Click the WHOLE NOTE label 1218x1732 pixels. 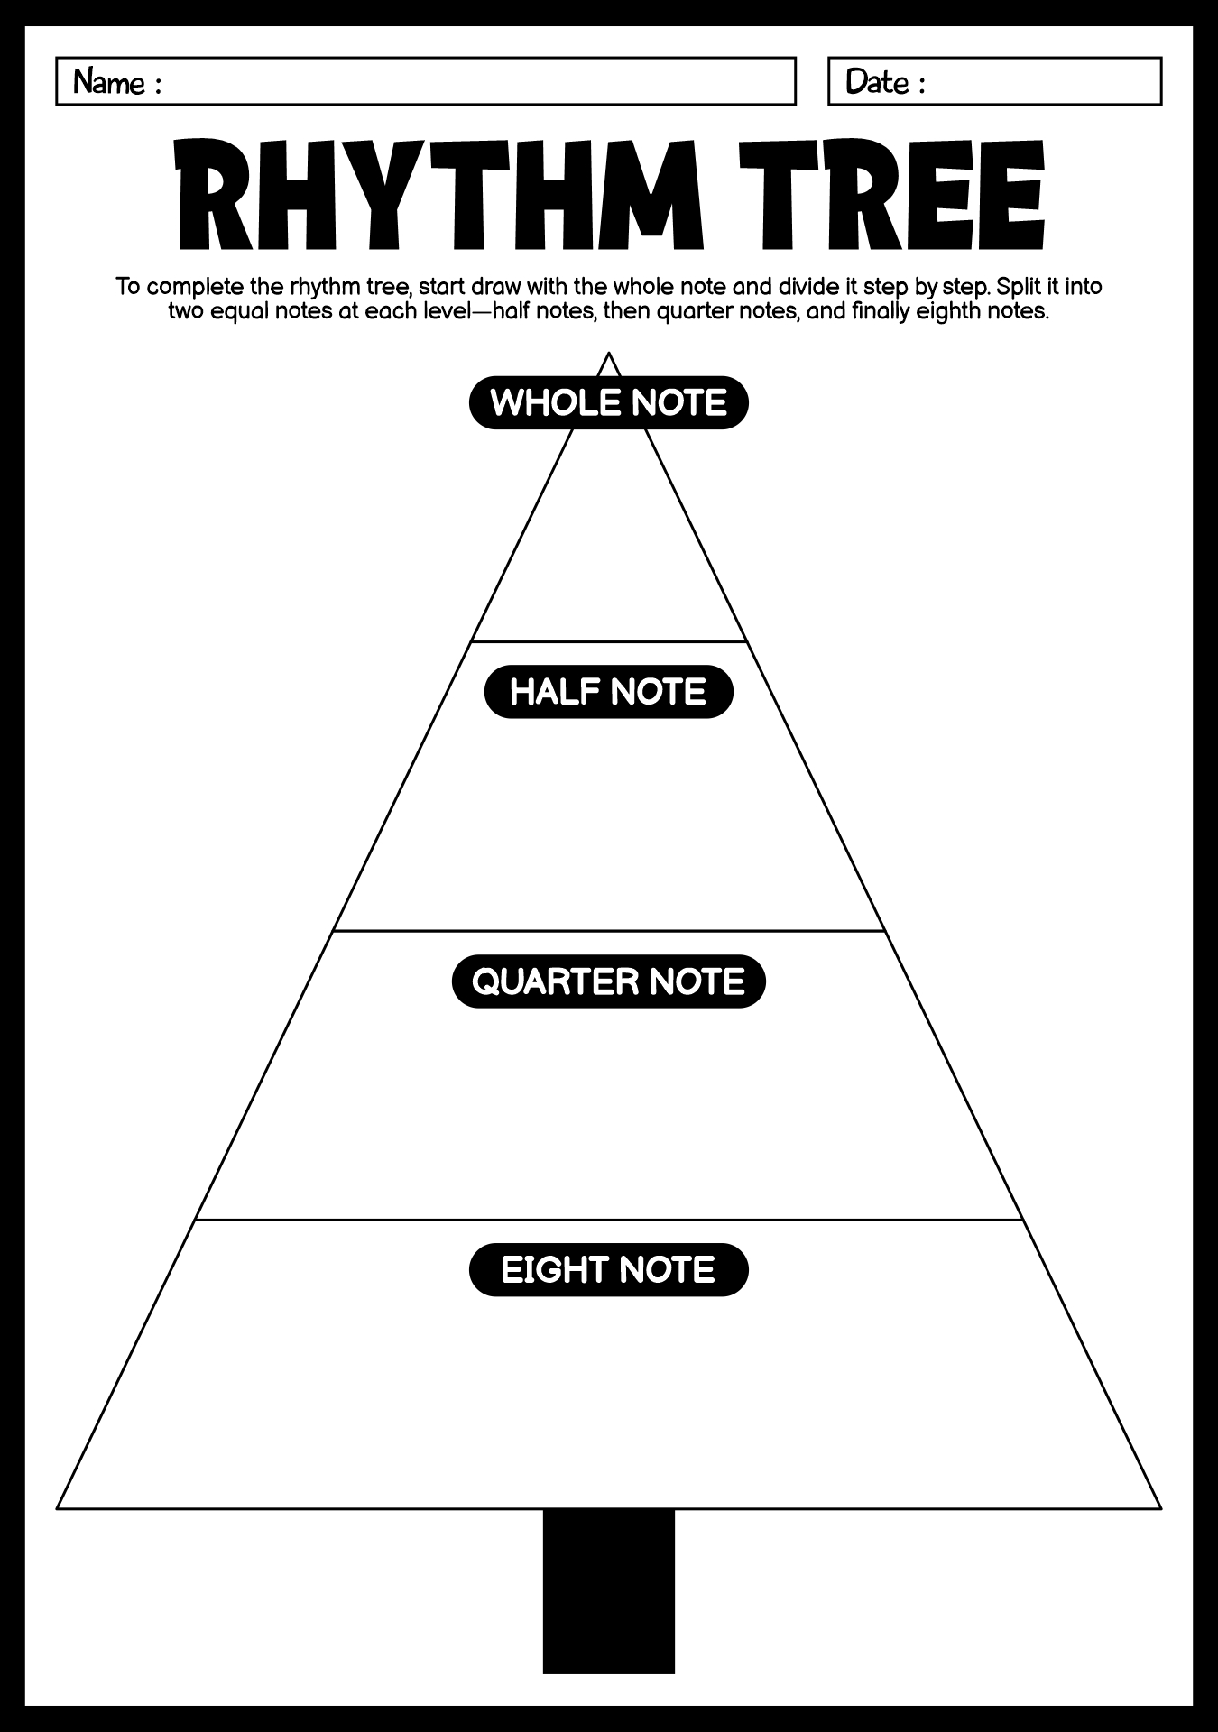coord(609,402)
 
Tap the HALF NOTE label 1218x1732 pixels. coord(609,692)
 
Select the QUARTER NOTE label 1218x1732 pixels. coord(609,981)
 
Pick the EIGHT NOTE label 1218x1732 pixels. coord(609,1270)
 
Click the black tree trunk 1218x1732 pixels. coord(609,1591)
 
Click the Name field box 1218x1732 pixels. coord(426,81)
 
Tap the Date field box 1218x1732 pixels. coord(995,81)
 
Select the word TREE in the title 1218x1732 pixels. coord(891,194)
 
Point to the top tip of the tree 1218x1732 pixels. coord(609,353)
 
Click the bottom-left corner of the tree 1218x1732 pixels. coord(58,1507)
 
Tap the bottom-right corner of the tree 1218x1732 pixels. coord(1161,1507)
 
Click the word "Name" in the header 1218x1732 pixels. coord(109,82)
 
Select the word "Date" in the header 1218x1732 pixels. coord(878,82)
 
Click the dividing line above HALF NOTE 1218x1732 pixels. coord(609,642)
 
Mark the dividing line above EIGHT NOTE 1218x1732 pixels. coord(609,1221)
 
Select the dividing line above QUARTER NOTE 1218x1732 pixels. coord(609,931)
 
